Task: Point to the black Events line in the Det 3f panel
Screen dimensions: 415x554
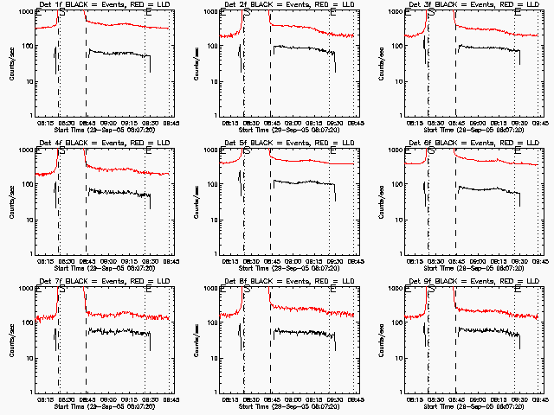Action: pyautogui.click(x=485, y=48)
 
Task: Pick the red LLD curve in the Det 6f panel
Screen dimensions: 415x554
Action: pyautogui.click(x=485, y=160)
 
